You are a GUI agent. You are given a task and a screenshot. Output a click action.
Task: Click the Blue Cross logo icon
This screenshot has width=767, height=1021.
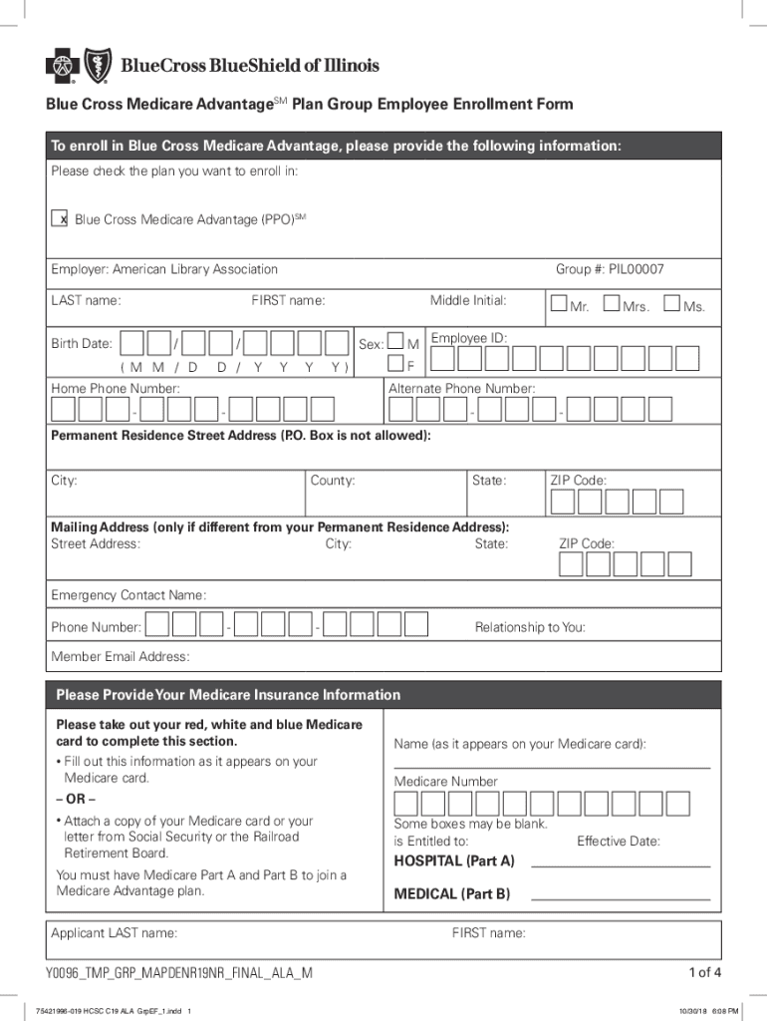tap(62, 67)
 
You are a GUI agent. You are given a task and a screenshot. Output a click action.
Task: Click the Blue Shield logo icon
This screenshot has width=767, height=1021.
tap(98, 67)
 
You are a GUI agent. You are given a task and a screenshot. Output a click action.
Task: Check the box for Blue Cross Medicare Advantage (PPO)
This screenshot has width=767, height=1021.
tap(59, 219)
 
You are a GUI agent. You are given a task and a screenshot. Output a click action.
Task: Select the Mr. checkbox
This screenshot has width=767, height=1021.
tap(558, 303)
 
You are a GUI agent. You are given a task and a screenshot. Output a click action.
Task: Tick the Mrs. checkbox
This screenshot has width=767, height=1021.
tap(612, 303)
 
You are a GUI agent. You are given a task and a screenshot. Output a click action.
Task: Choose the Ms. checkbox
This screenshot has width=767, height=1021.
tap(672, 303)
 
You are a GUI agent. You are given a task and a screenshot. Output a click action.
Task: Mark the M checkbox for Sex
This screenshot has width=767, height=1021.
tap(395, 342)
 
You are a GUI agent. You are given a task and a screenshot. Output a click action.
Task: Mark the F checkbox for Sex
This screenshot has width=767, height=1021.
tap(395, 365)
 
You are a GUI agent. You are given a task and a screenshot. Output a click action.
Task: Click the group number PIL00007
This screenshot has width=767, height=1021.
tap(609, 269)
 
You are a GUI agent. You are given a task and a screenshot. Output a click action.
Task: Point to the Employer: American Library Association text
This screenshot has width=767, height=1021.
tap(164, 269)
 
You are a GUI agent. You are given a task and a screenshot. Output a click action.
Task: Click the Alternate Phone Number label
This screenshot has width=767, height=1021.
tap(461, 388)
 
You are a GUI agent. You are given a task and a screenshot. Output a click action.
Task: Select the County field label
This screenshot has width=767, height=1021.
tap(332, 481)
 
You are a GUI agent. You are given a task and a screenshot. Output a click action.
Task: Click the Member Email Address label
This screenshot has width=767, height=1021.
tap(120, 657)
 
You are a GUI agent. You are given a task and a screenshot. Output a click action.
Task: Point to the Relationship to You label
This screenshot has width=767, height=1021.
tap(530, 627)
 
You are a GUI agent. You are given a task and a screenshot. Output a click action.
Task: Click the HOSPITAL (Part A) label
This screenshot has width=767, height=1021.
tap(454, 860)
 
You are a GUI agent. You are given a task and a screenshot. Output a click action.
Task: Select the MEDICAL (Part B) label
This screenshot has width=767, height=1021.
tap(452, 894)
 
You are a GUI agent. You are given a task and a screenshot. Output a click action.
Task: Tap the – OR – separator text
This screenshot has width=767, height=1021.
tap(76, 800)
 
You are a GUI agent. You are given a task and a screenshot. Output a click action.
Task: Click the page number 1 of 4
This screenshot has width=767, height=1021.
tap(704, 972)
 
